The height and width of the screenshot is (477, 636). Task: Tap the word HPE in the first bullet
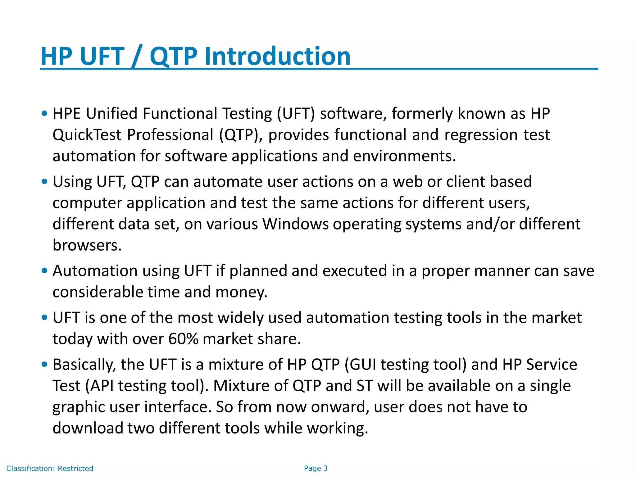[x=67, y=114]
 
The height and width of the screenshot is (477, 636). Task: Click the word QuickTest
[x=87, y=135]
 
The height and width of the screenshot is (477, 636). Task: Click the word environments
[x=404, y=156]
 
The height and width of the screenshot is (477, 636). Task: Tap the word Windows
[x=295, y=224]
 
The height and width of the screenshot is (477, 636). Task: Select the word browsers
[x=87, y=245]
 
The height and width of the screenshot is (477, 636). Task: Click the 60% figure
[x=183, y=339]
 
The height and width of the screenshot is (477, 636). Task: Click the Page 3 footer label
[x=316, y=468]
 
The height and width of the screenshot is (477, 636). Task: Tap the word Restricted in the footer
[x=75, y=469]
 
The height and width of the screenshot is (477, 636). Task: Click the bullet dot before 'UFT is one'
[x=44, y=318]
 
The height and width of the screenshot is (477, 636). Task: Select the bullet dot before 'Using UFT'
[x=44, y=182]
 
